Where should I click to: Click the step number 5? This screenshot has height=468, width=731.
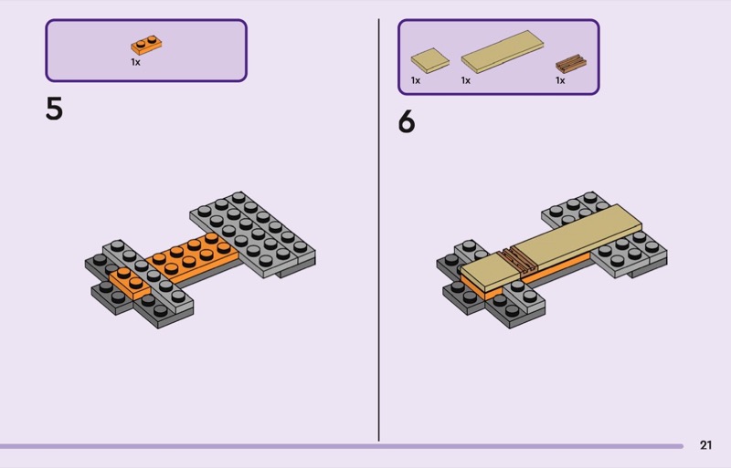pos(54,109)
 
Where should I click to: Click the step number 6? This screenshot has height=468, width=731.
pos(407,122)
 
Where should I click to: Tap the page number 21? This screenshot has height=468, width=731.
pos(705,445)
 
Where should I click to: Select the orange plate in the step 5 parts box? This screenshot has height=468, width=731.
pos(146,46)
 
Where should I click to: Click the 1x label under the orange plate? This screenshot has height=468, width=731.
pos(135,62)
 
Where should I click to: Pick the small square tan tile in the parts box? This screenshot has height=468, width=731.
pos(429,60)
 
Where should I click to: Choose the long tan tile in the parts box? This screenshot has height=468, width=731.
pos(502,52)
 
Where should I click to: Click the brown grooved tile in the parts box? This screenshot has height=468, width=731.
pos(571,64)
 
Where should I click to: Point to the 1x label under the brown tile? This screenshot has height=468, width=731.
pos(560,80)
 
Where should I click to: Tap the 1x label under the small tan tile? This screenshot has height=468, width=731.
pos(416,80)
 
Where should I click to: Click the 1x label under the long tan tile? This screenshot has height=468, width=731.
pos(466,80)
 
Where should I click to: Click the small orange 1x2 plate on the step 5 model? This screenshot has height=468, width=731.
pos(130,283)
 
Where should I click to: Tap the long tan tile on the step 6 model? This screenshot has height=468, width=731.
pos(577,236)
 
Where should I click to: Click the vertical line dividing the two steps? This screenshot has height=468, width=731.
pos(378,230)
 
